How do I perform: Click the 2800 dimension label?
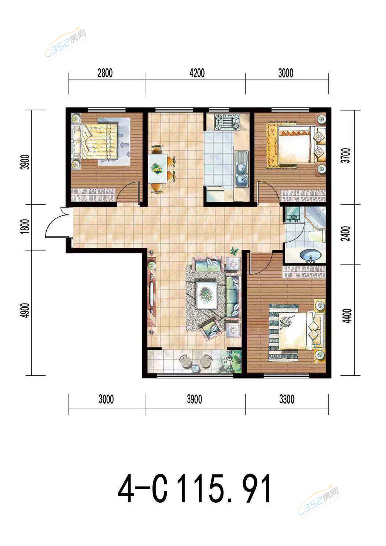click(105, 73)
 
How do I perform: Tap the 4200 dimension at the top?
click(197, 73)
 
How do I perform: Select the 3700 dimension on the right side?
click(346, 155)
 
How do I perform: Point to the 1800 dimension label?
click(25, 226)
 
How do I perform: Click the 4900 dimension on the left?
click(25, 310)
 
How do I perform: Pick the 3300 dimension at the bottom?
click(287, 399)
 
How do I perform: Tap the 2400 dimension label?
click(346, 234)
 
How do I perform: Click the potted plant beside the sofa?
click(234, 251)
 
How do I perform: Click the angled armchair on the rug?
click(211, 329)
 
